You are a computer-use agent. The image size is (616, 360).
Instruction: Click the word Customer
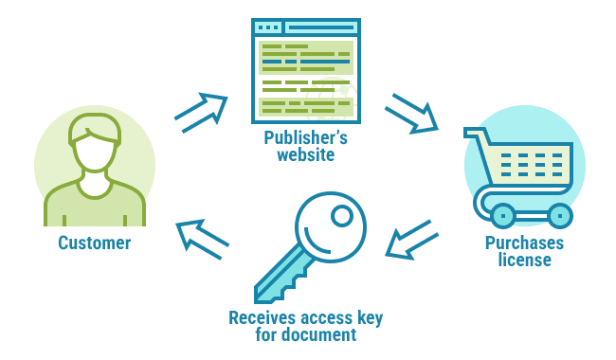click(94, 243)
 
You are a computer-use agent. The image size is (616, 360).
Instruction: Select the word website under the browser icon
click(305, 155)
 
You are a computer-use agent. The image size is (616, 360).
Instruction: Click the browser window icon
click(305, 71)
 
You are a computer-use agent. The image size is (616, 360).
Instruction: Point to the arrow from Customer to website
click(201, 111)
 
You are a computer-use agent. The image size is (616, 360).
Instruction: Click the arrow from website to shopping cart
click(411, 113)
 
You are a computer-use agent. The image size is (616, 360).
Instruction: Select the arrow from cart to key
click(409, 241)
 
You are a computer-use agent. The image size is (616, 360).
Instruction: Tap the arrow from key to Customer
click(202, 239)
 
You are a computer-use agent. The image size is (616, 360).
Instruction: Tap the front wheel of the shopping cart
click(502, 215)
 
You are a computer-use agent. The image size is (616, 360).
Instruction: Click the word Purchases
click(524, 243)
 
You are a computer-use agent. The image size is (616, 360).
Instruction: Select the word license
click(524, 261)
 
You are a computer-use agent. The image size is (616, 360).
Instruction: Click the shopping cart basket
click(531, 163)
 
